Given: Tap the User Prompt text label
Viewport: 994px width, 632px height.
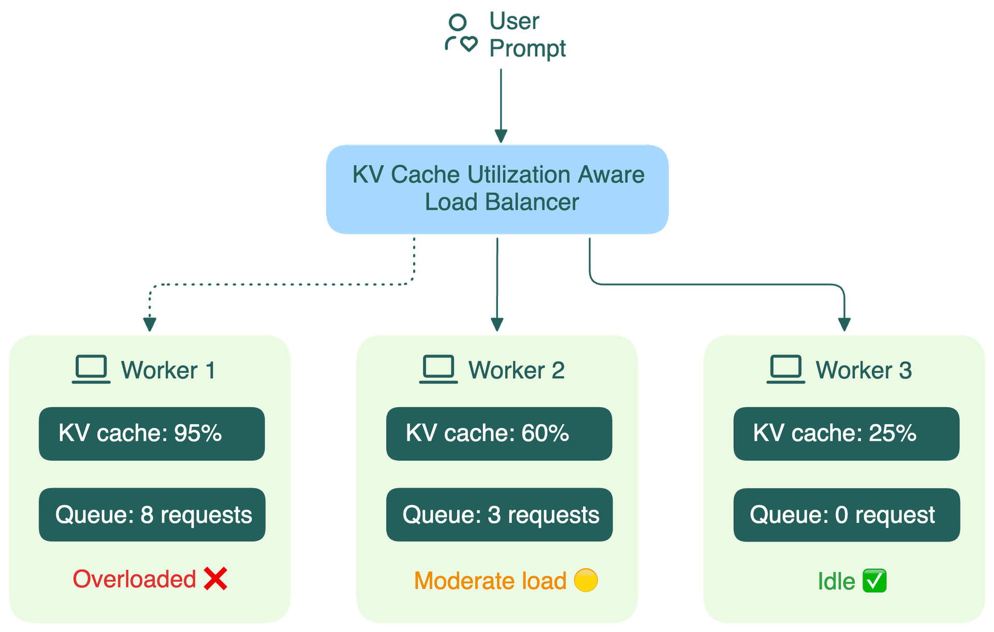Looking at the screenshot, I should (x=527, y=35).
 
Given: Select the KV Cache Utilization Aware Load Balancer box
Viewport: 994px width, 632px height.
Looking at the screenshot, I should (x=497, y=189).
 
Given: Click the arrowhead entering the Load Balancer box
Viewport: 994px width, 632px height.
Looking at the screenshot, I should (x=501, y=136).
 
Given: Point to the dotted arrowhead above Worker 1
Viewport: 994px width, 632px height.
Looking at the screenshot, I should (x=150, y=324).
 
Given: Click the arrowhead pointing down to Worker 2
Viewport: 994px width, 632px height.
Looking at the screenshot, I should (x=497, y=324).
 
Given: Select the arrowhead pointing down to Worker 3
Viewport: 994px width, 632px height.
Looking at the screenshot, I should (x=844, y=324).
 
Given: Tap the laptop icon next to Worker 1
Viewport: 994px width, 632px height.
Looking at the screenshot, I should (x=91, y=369).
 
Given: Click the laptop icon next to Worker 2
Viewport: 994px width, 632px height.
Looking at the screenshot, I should (x=438, y=369).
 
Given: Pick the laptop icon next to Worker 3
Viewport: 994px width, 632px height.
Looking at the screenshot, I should (x=786, y=369).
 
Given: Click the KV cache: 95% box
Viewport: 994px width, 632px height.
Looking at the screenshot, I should (x=152, y=434).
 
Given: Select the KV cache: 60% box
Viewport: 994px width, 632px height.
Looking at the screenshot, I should (x=499, y=434).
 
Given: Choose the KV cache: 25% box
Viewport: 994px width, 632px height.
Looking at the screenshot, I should (x=846, y=434).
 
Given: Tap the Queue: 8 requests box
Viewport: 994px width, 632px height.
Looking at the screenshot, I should (x=152, y=514).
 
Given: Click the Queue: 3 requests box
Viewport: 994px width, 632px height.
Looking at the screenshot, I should (x=499, y=514).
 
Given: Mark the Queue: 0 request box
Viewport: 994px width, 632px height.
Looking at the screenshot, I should (x=846, y=514).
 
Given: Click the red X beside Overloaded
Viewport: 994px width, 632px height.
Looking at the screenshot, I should (x=215, y=579).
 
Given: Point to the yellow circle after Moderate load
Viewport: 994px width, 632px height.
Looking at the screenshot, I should (x=586, y=580).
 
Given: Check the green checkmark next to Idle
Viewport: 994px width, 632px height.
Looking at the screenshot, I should (x=874, y=580).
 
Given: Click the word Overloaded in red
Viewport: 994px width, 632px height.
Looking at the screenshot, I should (x=134, y=579).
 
